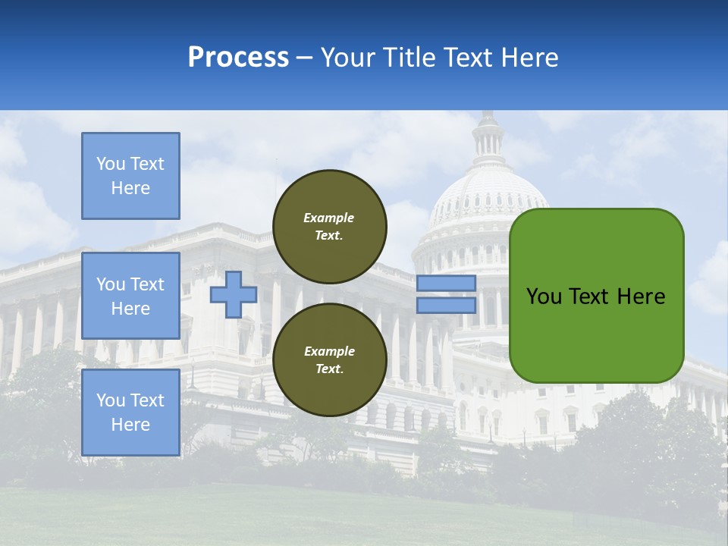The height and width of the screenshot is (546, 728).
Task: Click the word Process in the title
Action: (238, 58)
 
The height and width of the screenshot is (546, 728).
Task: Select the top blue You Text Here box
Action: (130, 176)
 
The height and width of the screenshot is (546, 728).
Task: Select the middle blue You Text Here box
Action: (130, 296)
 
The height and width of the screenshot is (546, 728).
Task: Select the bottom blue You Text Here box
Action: (130, 413)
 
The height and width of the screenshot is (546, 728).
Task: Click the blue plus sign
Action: (233, 295)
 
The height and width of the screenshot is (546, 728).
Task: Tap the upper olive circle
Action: (329, 226)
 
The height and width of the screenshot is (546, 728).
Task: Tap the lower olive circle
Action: (329, 360)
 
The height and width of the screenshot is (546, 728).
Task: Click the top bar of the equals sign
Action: (446, 284)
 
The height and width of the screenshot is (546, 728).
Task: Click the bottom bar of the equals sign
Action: (446, 305)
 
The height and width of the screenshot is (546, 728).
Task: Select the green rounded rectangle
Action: (596, 334)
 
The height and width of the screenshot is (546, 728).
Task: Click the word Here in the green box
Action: (641, 297)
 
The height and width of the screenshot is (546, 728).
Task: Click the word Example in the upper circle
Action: (329, 218)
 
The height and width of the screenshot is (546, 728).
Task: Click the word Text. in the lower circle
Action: (329, 369)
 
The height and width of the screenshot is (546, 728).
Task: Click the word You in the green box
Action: (544, 297)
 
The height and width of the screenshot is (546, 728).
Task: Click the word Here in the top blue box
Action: (130, 188)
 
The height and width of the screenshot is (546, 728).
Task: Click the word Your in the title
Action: (349, 58)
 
